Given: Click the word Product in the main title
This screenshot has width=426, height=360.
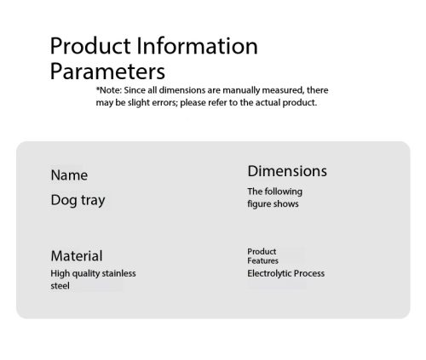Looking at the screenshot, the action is tap(90, 46).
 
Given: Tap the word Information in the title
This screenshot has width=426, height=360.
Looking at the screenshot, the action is tap(197, 46).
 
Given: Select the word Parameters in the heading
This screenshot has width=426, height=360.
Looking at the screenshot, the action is tap(107, 71).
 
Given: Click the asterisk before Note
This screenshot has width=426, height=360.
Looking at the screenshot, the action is tap(98, 89).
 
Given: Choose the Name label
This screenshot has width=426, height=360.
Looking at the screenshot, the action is tap(69, 175).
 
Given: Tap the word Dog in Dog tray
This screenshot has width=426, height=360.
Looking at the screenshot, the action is tap(64, 200).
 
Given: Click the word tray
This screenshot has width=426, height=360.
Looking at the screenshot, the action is tap(93, 201).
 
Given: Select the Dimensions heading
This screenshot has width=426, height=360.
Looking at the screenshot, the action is tap(287, 171).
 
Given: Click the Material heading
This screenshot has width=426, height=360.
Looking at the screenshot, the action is tap(77, 256).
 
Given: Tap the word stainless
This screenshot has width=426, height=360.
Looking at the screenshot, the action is tap(118, 273).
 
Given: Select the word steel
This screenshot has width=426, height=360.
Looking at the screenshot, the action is tap(60, 286).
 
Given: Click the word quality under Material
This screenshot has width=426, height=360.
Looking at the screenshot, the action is tap(86, 274).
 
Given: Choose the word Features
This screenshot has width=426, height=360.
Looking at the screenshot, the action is tap(262, 260).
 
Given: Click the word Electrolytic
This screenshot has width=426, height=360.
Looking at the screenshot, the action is tap(269, 273).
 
